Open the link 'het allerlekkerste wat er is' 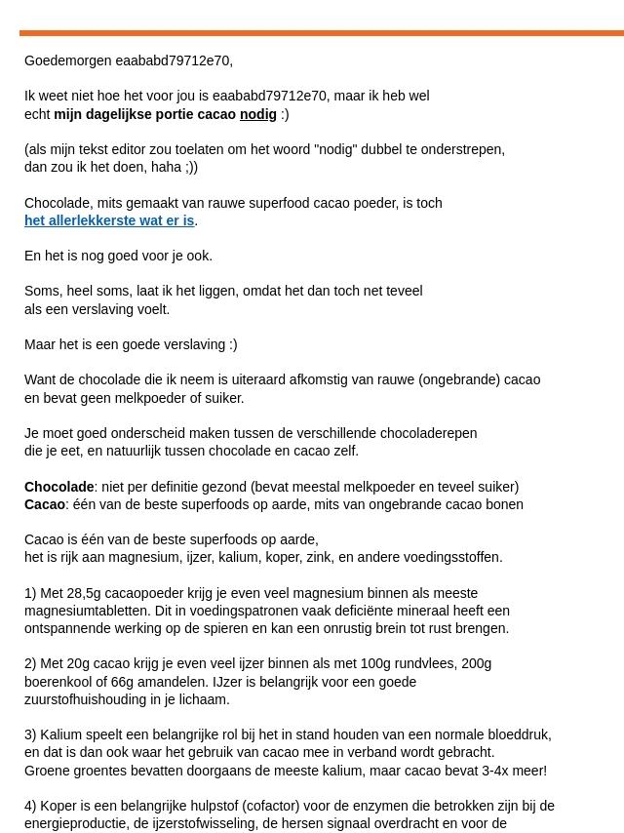109,220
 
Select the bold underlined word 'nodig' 258,114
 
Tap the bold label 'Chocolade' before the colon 58,487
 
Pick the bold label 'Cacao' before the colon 45,504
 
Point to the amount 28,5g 83,593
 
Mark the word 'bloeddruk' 520,734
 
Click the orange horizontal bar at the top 322,33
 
